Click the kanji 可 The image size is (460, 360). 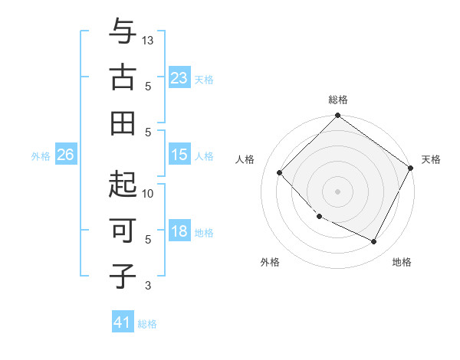[123, 230]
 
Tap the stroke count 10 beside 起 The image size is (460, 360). [149, 193]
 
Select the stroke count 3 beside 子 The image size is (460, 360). [148, 286]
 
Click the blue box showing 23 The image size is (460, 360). [179, 77]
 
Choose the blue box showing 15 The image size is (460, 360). [179, 155]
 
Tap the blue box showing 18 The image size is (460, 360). [179, 231]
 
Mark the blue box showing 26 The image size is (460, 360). [65, 155]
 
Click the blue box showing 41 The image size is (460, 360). [123, 322]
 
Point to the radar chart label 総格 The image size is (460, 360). [338, 100]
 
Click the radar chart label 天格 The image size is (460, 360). [431, 159]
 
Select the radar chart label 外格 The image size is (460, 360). [270, 262]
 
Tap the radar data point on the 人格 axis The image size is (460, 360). [280, 172]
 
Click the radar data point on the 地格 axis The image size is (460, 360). [374, 242]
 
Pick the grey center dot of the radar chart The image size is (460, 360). [337, 191]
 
